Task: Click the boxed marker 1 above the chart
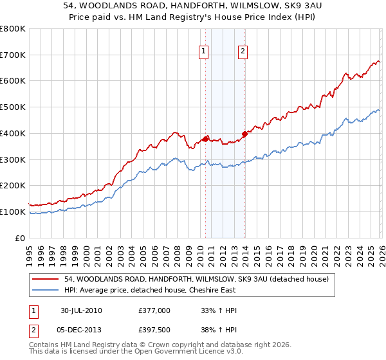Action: pos(203,52)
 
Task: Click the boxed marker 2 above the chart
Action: pos(243,52)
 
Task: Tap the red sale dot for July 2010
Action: pos(205,139)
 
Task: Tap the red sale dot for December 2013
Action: pos(244,134)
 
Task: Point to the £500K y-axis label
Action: pos(12,107)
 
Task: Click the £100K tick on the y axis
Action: pos(12,212)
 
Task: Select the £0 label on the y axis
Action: pos(20,238)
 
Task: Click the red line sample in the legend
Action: pos(46,279)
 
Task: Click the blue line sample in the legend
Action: pos(46,290)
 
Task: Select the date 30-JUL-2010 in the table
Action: pos(81,310)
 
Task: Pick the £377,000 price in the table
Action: pos(154,310)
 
